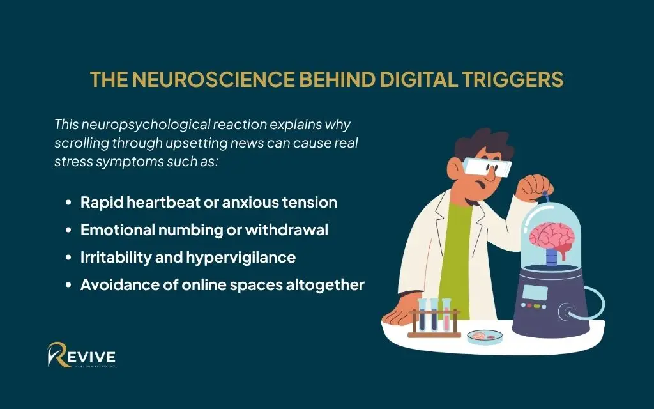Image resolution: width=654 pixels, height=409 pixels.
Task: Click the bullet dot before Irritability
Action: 68,258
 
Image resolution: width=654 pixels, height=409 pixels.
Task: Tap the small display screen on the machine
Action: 534,293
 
